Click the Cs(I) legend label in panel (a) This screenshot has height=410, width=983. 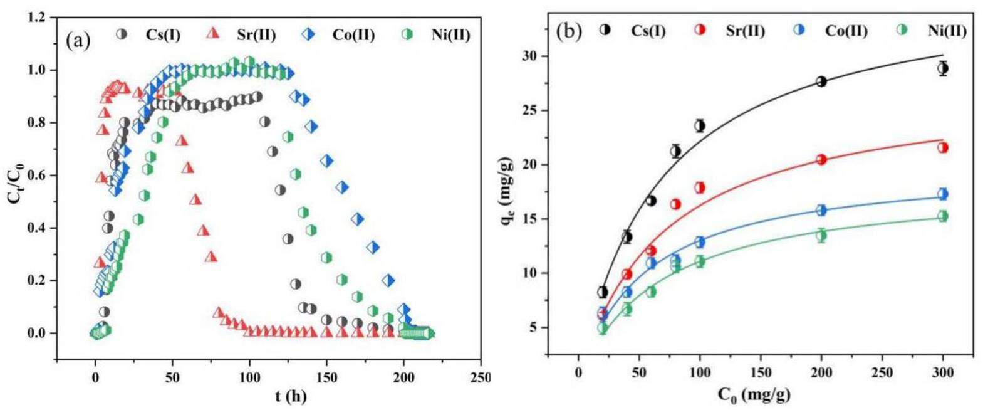(163, 34)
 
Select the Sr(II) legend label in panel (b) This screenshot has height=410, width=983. (745, 30)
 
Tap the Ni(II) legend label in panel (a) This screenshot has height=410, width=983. (450, 34)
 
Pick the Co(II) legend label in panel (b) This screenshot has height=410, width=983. (846, 30)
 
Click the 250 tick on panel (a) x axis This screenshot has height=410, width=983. (480, 378)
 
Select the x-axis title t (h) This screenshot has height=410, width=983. (289, 396)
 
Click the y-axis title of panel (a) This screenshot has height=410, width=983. (14, 188)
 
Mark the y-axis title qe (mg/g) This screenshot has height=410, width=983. (509, 188)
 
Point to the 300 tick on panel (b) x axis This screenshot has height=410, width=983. (942, 373)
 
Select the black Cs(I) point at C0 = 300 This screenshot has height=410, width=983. (942, 68)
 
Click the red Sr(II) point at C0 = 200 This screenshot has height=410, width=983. (821, 159)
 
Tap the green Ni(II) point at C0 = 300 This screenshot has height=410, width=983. (942, 216)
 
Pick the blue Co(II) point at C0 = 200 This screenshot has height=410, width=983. (821, 209)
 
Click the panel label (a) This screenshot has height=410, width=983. (78, 41)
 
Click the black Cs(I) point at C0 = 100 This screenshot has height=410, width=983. (699, 125)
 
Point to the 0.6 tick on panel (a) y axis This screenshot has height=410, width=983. (37, 176)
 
